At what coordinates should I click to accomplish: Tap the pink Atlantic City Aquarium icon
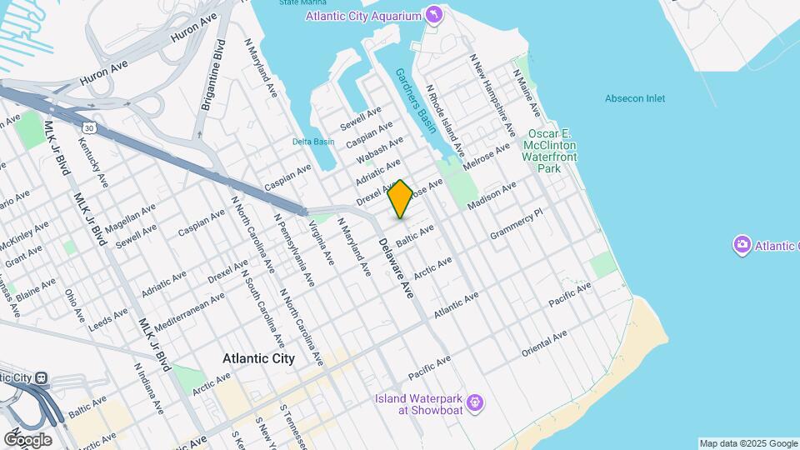point(433,16)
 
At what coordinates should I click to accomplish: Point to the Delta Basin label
point(313,142)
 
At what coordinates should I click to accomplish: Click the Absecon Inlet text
point(635,98)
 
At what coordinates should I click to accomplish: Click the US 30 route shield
point(88,127)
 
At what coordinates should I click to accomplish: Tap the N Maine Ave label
point(527,92)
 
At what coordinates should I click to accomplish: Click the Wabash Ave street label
point(380,150)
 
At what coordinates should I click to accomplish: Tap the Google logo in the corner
point(27,439)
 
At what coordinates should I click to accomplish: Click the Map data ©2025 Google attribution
point(747,443)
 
